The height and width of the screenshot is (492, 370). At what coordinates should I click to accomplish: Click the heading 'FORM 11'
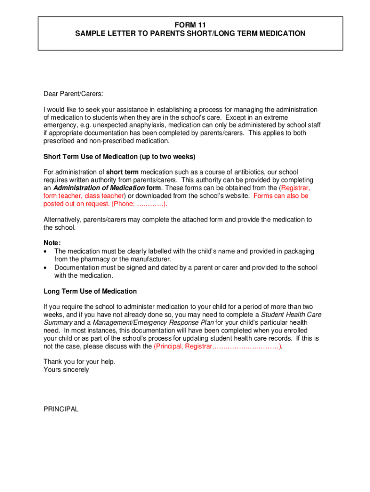190,25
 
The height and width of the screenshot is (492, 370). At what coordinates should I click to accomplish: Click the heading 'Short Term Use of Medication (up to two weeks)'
120,157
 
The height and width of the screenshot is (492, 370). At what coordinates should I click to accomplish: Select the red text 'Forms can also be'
281,196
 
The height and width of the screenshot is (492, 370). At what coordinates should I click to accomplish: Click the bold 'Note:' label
52,243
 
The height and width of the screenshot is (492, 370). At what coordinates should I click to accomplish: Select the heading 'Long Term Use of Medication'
90,291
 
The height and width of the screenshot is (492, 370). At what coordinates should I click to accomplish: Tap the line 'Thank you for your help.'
79,361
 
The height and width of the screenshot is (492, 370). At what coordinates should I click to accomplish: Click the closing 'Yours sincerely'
66,369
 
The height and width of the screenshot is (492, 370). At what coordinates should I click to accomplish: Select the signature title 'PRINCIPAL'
61,409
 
